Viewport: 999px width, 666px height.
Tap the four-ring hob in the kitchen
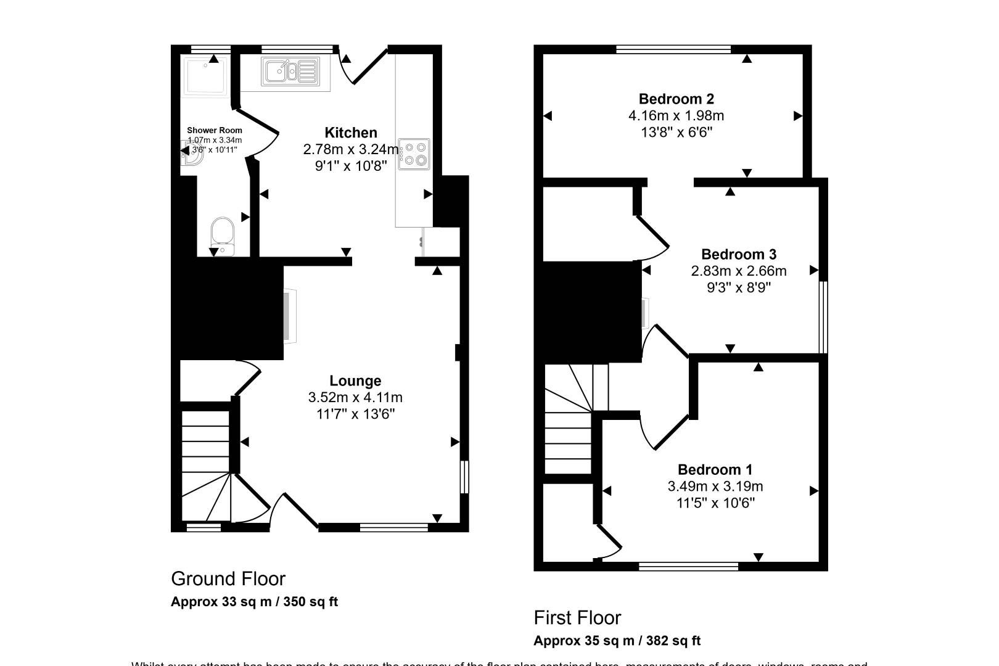(x=414, y=154)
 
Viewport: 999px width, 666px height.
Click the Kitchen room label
(x=350, y=133)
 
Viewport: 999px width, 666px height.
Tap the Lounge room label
(x=355, y=381)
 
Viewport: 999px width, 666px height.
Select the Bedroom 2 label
(x=676, y=99)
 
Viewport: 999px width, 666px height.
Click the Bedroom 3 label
(x=739, y=254)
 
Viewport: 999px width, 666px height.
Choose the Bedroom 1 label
(x=715, y=470)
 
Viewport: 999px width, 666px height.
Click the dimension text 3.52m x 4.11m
(x=355, y=397)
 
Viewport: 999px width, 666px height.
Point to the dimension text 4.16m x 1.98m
(x=676, y=115)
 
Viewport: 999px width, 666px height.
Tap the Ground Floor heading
(x=228, y=578)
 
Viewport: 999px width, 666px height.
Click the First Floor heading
(x=577, y=617)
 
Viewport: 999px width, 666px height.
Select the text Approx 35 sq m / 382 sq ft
(x=616, y=641)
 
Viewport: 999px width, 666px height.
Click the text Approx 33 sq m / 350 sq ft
(x=254, y=602)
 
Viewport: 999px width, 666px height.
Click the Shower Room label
(x=214, y=130)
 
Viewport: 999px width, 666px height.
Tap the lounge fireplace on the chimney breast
(x=289, y=316)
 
